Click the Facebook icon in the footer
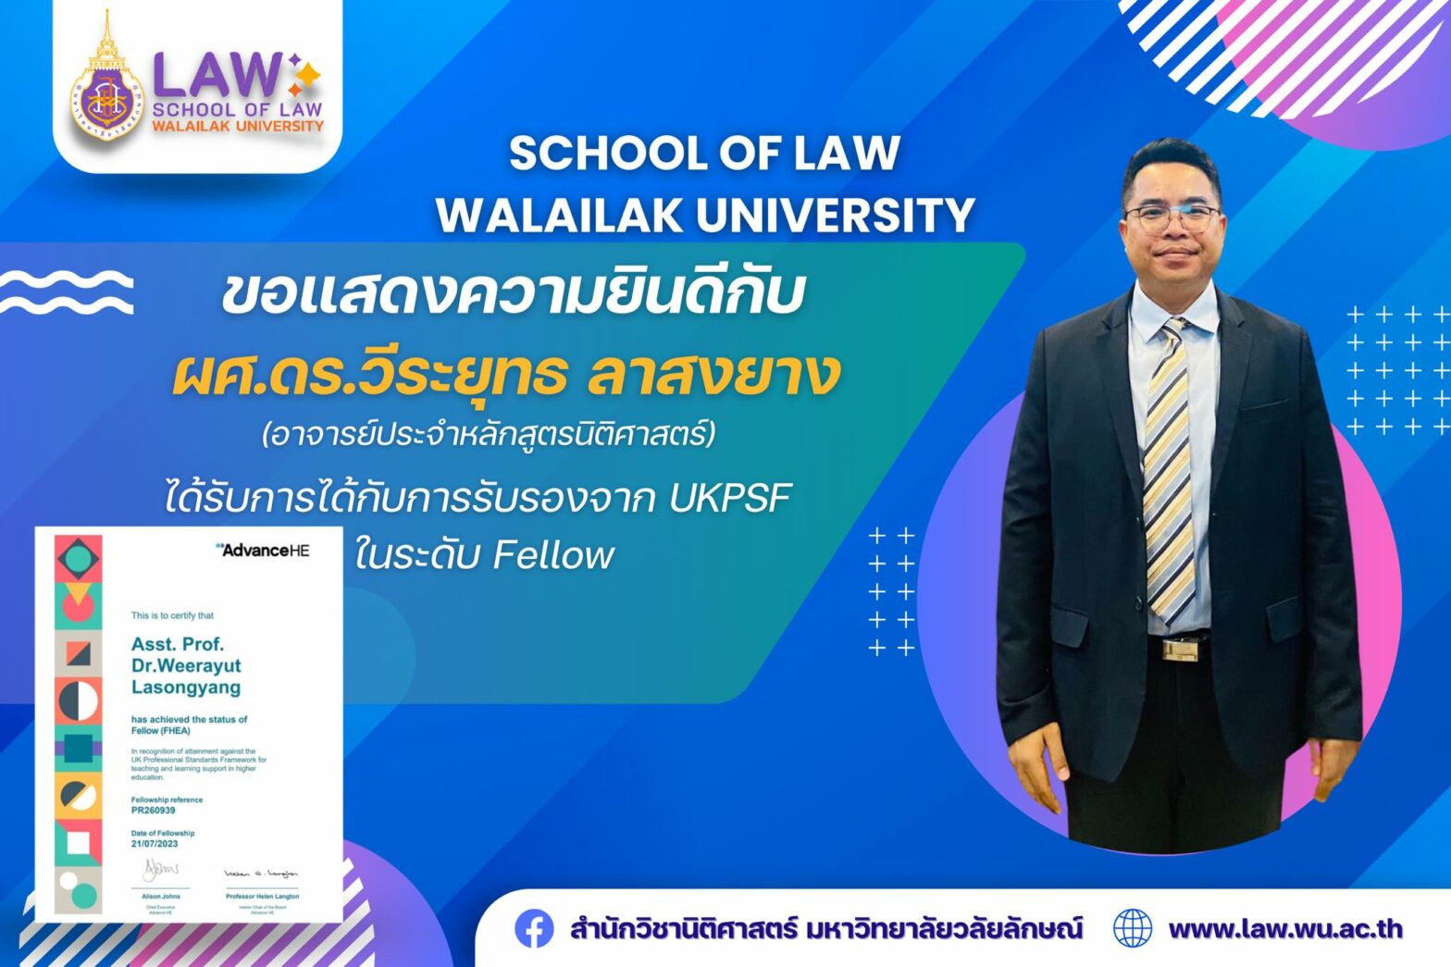tap(534, 929)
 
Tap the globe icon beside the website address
tap(1133, 928)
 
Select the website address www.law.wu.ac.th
tap(1285, 929)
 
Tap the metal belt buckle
tap(1180, 649)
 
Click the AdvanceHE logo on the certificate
tap(263, 550)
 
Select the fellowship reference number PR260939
tap(154, 811)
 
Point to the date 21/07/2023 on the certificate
tap(155, 844)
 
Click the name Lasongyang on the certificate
tap(186, 688)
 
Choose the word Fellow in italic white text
tap(553, 555)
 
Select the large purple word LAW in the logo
tap(217, 76)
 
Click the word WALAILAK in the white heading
tap(560, 216)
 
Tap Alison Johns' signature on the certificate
tap(160, 870)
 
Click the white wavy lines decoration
tap(67, 292)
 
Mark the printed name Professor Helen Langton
tap(262, 897)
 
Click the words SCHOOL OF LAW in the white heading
tap(704, 154)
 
